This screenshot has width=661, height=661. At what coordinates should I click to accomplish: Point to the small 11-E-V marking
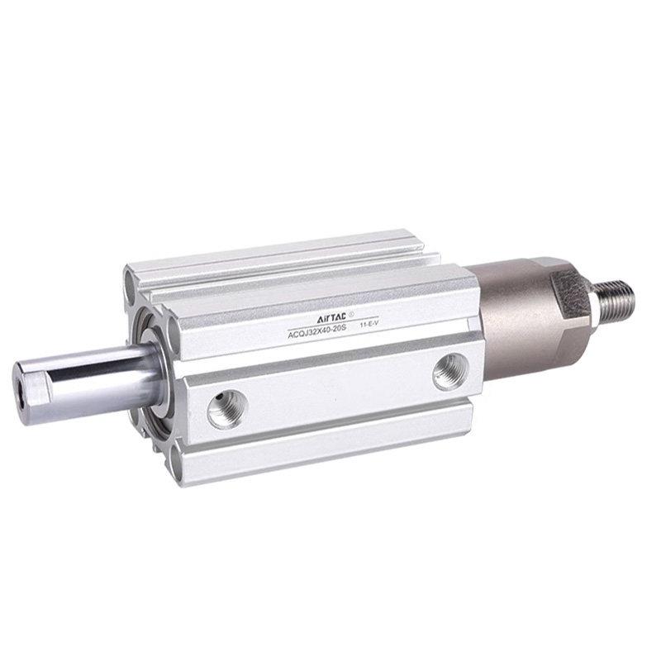coord(367,325)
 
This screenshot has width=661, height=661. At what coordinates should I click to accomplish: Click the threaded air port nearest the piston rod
coord(227,408)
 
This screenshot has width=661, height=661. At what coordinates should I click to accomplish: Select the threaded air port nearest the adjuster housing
coord(450,372)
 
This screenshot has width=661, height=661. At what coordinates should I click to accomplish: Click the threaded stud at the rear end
coord(616,301)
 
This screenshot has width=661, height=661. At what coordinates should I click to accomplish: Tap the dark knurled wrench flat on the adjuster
coord(570,294)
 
